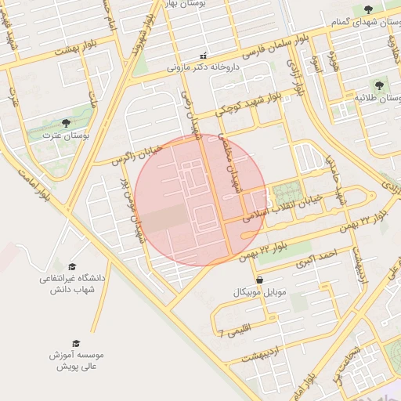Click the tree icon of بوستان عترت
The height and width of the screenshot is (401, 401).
[66, 123]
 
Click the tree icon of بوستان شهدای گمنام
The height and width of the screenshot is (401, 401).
[368, 9]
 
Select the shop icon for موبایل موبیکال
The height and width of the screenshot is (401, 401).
[258, 280]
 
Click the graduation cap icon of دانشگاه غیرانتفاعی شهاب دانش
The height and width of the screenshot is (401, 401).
[72, 267]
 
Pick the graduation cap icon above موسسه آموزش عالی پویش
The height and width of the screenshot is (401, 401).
[76, 343]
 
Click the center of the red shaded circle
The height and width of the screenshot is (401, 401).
[200, 200]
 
